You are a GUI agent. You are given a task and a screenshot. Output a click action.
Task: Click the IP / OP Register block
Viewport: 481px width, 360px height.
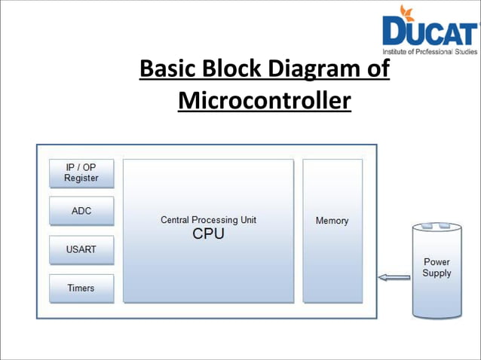81,172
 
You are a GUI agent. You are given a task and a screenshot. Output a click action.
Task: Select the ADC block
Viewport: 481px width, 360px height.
81,211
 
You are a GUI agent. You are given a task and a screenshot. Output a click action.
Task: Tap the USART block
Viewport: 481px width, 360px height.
81,249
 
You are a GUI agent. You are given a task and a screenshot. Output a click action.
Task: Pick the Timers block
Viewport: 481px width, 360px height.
81,288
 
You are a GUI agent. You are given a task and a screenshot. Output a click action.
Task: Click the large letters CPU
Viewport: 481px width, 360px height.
208,234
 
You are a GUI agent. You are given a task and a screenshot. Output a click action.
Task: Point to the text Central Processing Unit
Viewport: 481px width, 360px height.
208,220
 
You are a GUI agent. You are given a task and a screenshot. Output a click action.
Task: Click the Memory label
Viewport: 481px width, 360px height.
332,221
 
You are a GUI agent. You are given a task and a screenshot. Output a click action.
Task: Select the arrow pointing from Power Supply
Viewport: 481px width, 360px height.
394,278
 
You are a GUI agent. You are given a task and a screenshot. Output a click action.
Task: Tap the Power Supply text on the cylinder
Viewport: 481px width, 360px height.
437,267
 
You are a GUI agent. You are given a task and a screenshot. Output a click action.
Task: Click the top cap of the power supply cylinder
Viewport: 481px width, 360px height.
437,226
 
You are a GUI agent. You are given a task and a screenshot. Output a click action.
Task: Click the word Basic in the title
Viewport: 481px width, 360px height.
169,69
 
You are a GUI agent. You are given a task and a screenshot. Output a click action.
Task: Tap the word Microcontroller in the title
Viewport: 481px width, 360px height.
265,99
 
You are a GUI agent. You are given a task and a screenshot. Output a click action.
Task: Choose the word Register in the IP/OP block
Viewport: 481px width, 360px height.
81,178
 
